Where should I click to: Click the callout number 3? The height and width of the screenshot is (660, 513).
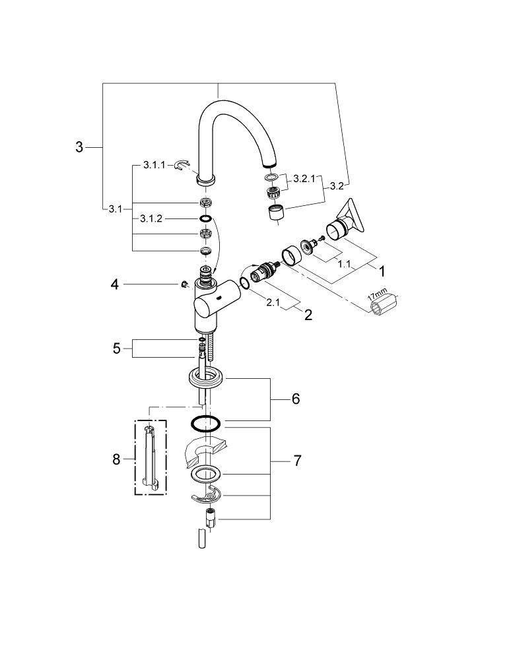[79, 147]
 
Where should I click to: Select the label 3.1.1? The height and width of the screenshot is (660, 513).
[154, 165]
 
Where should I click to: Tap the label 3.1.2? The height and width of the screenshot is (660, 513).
[151, 219]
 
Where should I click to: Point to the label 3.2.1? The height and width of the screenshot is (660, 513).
[304, 178]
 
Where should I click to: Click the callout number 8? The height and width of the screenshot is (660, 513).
[116, 459]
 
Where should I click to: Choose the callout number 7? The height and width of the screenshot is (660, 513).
[297, 461]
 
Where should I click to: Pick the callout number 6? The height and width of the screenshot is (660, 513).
[296, 398]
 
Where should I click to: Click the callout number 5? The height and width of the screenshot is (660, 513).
[117, 348]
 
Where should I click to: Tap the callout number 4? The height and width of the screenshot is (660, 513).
[115, 284]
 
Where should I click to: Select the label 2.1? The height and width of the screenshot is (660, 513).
[273, 302]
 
